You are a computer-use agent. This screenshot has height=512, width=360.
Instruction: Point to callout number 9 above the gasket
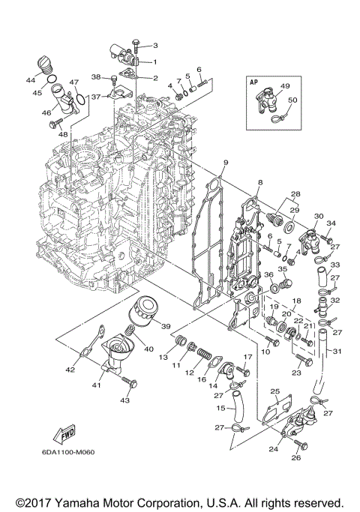(x=224, y=163)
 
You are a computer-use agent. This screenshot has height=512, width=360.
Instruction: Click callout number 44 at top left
(x=32, y=79)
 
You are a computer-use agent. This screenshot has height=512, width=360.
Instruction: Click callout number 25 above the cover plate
(x=274, y=391)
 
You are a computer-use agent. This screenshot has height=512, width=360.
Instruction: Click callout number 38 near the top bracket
(x=96, y=76)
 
